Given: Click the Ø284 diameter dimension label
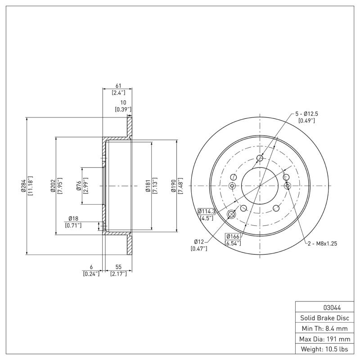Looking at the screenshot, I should pos(22,186).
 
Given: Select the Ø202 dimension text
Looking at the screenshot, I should pos(53,186).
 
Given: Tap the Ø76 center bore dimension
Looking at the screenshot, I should pos(78,186).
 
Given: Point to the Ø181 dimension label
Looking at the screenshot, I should pos(147,186).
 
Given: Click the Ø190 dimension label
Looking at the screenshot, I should pos(174,186).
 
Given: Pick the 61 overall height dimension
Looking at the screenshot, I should pos(119,86).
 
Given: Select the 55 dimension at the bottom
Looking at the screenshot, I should pos(118,267).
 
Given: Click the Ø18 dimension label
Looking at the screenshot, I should pos(73,218).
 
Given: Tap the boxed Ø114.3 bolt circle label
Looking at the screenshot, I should pos(207,211).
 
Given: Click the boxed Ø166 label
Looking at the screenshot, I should pos(233,236).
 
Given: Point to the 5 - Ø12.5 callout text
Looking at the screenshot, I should pos(306,114).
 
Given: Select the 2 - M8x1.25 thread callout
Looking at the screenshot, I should pos(322,243).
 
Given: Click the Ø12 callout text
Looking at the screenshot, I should pos(199,242).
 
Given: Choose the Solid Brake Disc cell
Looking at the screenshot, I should pos(324,318).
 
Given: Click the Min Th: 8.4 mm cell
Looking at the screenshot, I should pos(324,328).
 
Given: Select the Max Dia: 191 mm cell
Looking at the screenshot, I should pos(324,338).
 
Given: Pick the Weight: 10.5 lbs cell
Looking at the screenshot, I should pos(324,349).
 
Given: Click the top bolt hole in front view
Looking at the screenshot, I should pos(260,158).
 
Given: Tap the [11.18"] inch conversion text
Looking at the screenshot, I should pos(30,186).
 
